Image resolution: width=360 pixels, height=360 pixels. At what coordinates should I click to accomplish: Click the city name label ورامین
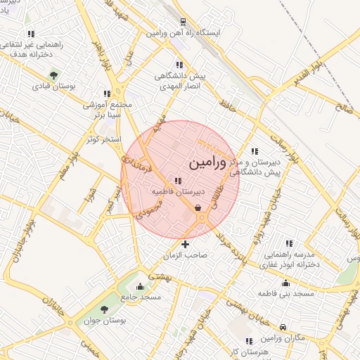208,163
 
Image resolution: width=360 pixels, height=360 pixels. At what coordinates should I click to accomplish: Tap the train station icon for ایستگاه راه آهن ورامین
182,22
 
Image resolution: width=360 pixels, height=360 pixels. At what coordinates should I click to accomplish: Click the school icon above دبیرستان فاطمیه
177,181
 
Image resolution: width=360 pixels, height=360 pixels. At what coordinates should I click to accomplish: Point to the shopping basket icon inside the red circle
198,207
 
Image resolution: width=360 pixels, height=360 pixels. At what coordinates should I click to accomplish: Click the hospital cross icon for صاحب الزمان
185,245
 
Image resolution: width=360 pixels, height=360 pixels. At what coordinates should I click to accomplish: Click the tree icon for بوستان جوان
105,309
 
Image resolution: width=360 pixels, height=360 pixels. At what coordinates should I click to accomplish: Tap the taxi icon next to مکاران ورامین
282,327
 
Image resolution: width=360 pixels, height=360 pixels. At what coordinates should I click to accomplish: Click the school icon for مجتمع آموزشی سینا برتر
107,93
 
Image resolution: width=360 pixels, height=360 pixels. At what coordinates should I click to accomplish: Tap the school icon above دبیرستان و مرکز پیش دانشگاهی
254,150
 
